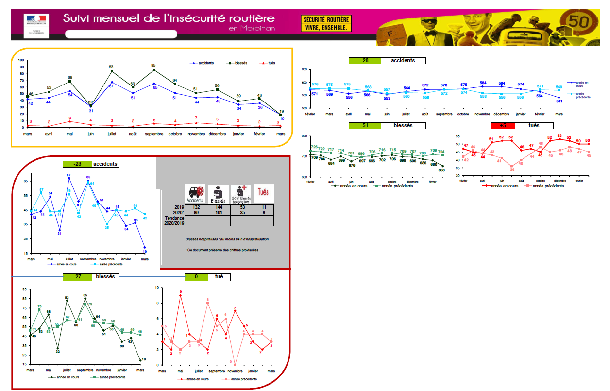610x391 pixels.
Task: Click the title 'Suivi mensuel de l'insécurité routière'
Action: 169,18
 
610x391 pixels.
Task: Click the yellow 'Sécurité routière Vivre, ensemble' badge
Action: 326,23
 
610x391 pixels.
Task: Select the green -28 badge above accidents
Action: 364,61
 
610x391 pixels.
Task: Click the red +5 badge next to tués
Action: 502,125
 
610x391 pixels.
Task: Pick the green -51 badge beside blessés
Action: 364,125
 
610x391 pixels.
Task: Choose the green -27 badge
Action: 76,277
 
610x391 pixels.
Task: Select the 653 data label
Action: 442,170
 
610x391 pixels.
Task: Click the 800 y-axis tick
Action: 304,136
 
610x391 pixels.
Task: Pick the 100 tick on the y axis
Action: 21,60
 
